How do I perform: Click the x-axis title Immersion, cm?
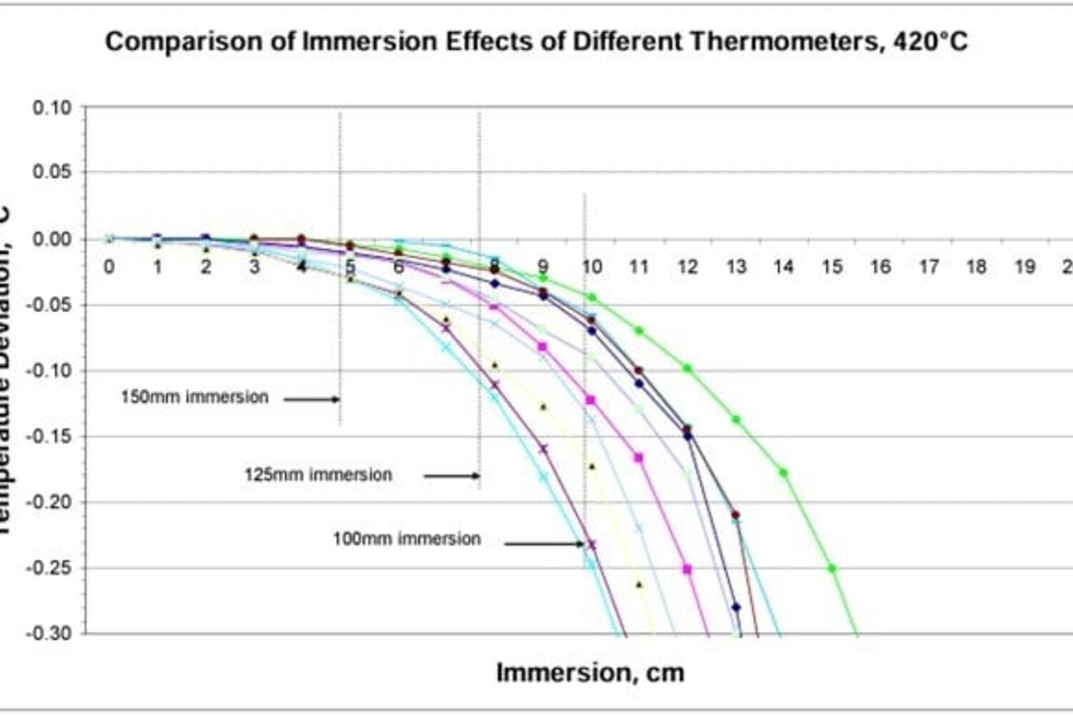pyautogui.click(x=590, y=672)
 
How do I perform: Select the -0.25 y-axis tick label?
pyautogui.click(x=49, y=569)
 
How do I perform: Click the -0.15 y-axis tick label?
pyautogui.click(x=49, y=437)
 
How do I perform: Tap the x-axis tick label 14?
pyautogui.click(x=784, y=267)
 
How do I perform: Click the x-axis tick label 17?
pyautogui.click(x=929, y=267)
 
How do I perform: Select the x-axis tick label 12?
pyautogui.click(x=687, y=267)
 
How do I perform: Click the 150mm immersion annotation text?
pyautogui.click(x=194, y=397)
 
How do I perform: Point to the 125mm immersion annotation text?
pyautogui.click(x=318, y=475)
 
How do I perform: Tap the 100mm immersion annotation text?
pyautogui.click(x=406, y=538)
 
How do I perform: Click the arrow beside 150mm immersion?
pyautogui.click(x=312, y=399)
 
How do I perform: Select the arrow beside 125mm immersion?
pyautogui.click(x=451, y=475)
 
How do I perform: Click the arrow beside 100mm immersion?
pyautogui.click(x=544, y=544)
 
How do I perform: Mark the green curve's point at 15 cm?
pyautogui.click(x=832, y=569)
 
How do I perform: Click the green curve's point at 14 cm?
pyautogui.click(x=783, y=473)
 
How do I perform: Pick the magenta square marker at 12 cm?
pyautogui.click(x=687, y=569)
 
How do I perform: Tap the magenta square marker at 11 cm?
pyautogui.click(x=639, y=458)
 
